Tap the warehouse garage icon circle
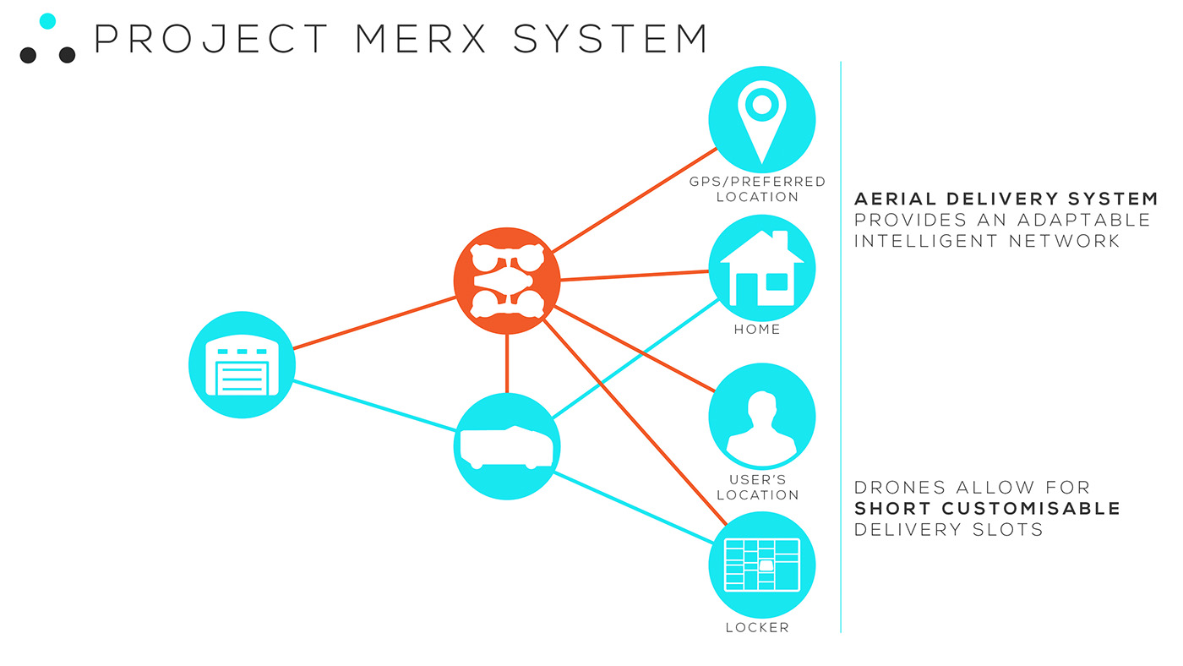242,365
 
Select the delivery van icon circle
507,446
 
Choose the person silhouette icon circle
761,416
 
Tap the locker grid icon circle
761,565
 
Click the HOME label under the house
757,330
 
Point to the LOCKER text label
757,628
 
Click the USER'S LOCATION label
757,488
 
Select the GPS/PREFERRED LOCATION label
757,189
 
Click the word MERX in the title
418,39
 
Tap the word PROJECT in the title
210,39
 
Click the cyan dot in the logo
48,21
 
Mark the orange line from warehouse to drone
374,322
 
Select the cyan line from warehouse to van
374,407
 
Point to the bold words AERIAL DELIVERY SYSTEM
1006,199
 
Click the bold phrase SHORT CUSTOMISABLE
987,509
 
